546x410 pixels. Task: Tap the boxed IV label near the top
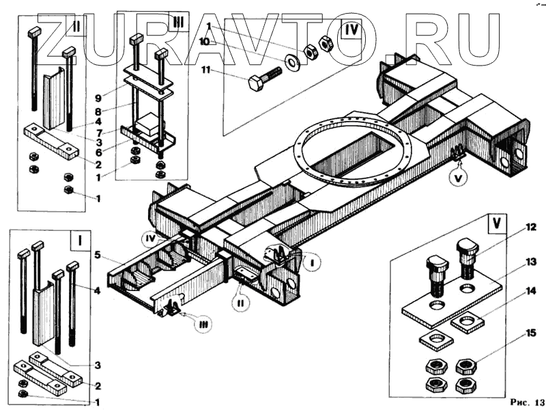[x=351, y=31]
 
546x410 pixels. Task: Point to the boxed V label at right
[x=496, y=223]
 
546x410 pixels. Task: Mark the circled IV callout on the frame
[x=152, y=239]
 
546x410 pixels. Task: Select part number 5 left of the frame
[x=98, y=256]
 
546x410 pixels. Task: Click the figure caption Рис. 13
[x=528, y=400]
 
